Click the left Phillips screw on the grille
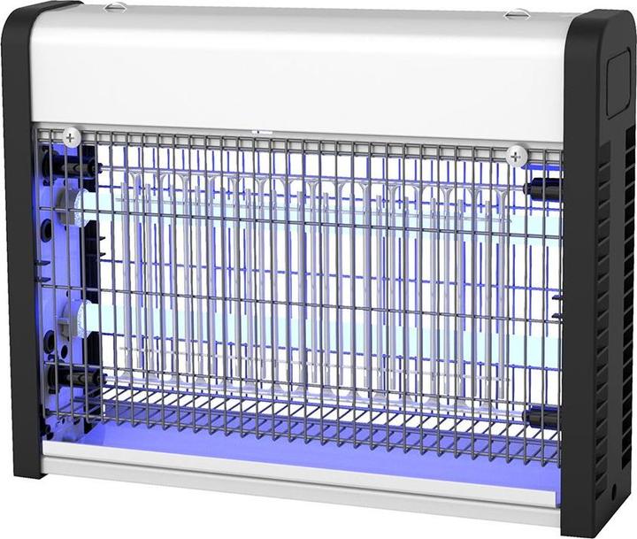click(71, 137)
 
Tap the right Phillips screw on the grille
click(517, 156)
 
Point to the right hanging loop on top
click(518, 13)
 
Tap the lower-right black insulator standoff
click(540, 416)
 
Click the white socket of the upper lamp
click(70, 204)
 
